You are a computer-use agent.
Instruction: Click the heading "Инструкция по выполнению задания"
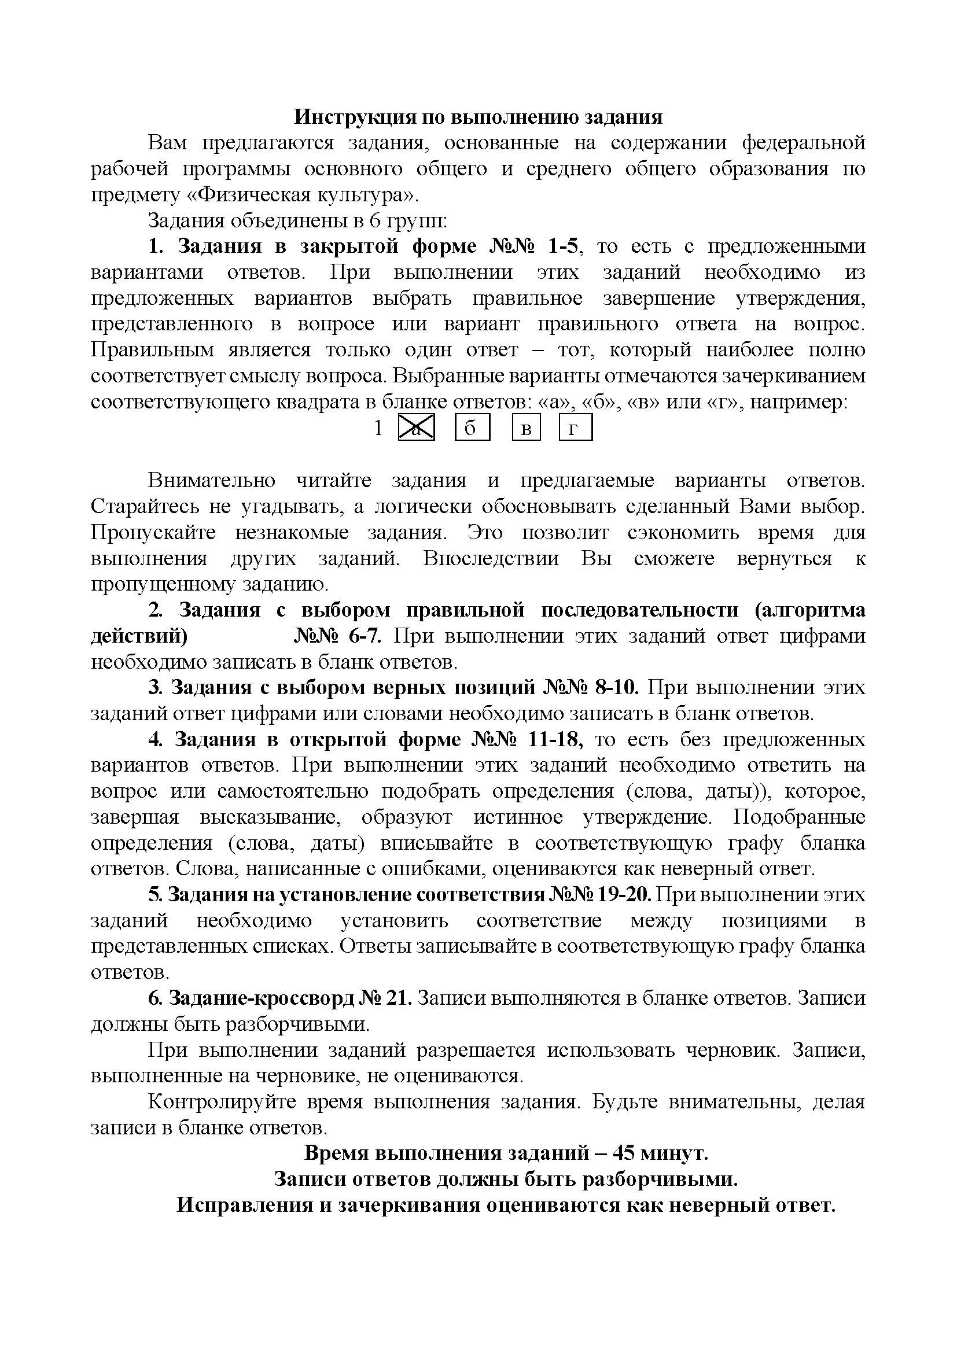pos(478,117)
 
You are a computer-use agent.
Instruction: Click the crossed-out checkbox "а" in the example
pos(417,428)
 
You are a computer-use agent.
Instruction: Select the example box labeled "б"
pos(472,428)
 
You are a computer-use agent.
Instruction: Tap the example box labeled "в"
pos(526,428)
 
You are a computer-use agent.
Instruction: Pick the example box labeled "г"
pos(575,428)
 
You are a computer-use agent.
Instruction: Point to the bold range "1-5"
pos(564,246)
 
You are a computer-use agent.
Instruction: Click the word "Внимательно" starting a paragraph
pos(211,480)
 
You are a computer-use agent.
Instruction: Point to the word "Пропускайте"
pos(153,533)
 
